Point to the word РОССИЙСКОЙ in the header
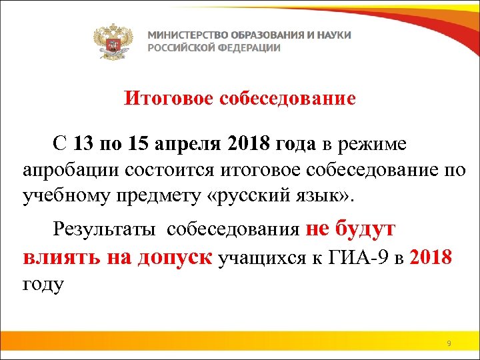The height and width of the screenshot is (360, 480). click(178, 48)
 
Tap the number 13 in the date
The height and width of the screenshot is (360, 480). click(85, 143)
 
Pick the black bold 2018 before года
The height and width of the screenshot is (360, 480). click(246, 143)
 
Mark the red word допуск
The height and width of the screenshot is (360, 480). click(174, 257)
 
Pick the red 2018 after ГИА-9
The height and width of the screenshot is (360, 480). click(433, 257)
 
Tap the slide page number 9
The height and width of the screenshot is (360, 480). click(449, 343)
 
